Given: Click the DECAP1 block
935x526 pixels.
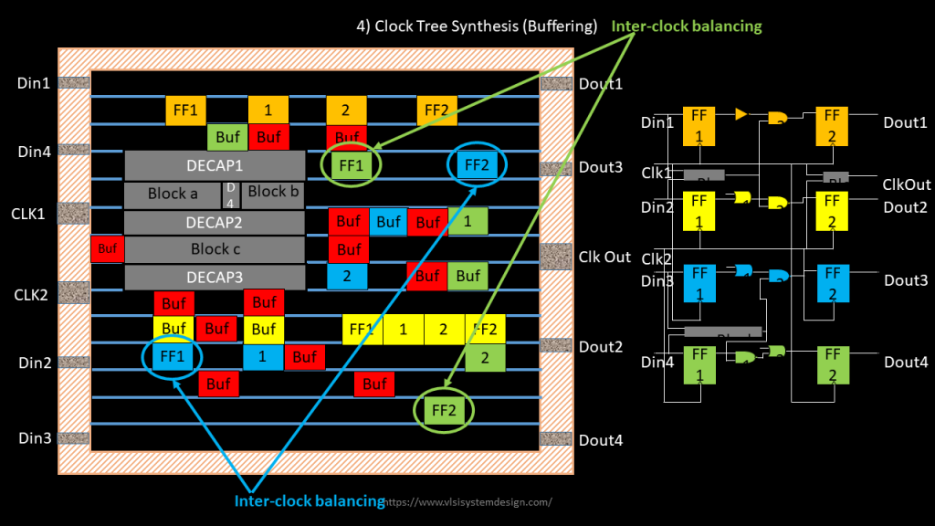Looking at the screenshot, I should [215, 166].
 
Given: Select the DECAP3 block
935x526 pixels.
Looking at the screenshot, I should [215, 277].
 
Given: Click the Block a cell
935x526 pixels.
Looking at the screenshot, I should [173, 195].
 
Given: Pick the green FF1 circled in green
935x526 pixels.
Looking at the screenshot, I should [351, 165].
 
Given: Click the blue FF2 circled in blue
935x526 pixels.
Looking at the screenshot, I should [477, 165].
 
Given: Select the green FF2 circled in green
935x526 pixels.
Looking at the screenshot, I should [444, 411].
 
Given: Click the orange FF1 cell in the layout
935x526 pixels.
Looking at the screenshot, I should [185, 110].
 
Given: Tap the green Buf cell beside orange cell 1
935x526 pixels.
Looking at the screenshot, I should [226, 138].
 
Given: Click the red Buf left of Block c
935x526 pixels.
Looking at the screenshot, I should [107, 248].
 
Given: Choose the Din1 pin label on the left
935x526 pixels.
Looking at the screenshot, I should [35, 83].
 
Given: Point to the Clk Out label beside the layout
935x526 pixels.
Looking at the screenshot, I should [604, 257].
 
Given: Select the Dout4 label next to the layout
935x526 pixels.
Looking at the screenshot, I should [601, 440].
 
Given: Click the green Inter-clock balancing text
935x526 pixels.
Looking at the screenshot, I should [687, 26].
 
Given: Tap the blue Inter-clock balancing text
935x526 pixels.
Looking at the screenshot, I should [310, 500].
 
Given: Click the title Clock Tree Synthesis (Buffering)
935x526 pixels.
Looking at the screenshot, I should [477, 26].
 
